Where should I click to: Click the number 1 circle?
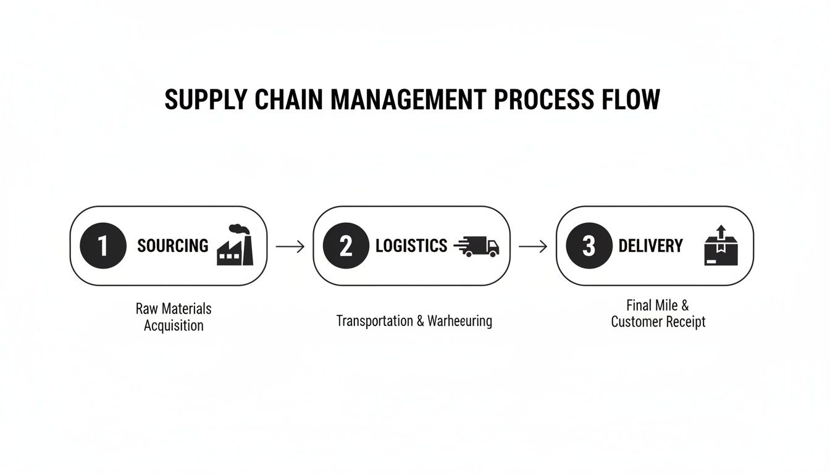103,246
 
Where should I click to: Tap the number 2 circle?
346,246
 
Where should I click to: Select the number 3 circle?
589,246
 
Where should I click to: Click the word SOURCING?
173,246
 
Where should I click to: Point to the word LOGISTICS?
411,246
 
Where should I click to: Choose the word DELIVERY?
650,246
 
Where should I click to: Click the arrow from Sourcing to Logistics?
290,246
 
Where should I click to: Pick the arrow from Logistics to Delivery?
533,246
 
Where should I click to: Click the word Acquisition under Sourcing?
174,325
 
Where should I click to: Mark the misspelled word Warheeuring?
459,321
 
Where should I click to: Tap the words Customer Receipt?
658,322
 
